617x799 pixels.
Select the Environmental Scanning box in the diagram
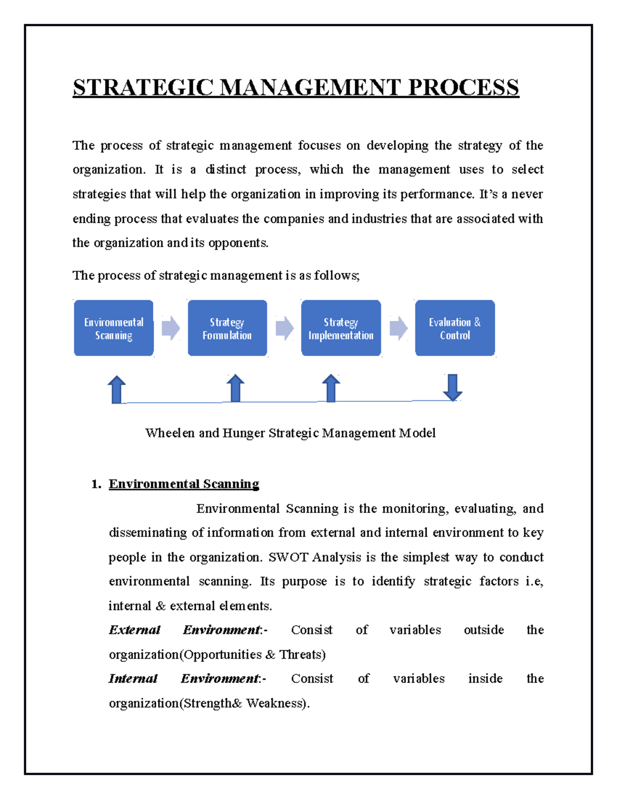[114, 328]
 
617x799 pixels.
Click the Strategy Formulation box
[227, 328]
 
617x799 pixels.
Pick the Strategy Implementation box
[341, 328]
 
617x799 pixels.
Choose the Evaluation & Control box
[455, 328]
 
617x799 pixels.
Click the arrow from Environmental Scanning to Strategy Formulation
[171, 328]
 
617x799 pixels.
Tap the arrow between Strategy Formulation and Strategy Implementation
[284, 328]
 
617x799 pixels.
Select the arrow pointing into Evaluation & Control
[398, 328]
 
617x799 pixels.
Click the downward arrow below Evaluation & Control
[452, 387]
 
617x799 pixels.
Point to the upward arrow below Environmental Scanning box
[117, 389]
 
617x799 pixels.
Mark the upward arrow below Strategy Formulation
[235, 388]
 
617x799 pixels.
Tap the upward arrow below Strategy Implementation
[331, 388]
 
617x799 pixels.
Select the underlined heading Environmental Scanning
[184, 484]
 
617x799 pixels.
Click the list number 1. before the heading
[96, 484]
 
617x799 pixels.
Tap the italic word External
[134, 630]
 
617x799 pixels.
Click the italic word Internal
[133, 679]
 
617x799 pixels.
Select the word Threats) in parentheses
[302, 655]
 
